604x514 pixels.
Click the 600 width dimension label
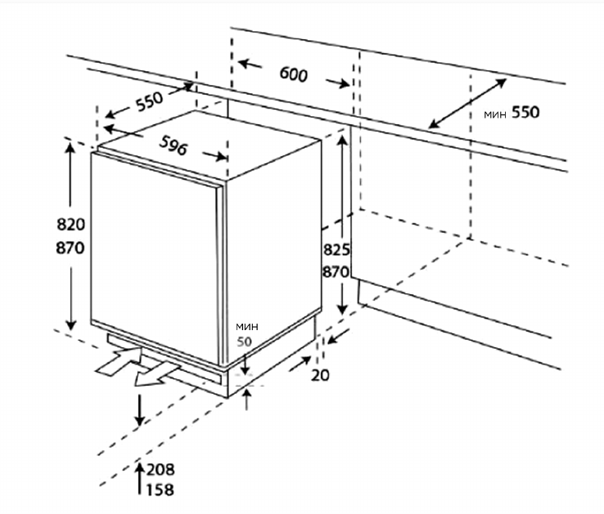click(x=293, y=74)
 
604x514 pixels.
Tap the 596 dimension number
click(x=174, y=145)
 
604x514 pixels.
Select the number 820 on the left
click(x=71, y=225)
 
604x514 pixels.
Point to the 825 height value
click(x=337, y=250)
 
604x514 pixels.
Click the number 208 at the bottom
click(x=161, y=470)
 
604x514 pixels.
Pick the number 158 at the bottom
click(x=161, y=490)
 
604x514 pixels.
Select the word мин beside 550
click(x=495, y=114)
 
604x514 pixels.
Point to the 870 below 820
click(x=71, y=248)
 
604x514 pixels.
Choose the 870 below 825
click(x=337, y=272)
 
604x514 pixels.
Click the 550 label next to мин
click(x=525, y=113)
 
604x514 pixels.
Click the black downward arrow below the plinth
click(x=140, y=409)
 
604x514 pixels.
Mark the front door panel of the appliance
click(x=156, y=253)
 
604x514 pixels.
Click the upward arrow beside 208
click(x=140, y=470)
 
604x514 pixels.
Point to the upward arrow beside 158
click(x=140, y=489)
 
